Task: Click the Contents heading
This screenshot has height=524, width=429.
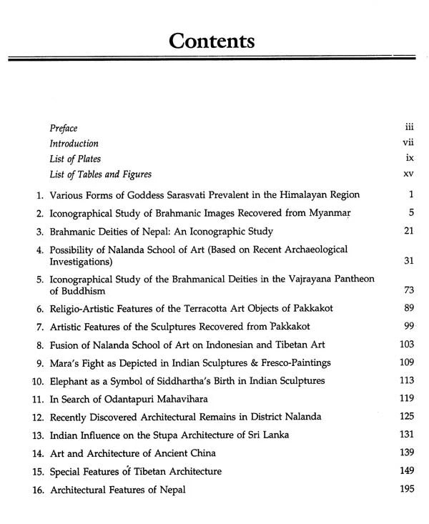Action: coord(214,40)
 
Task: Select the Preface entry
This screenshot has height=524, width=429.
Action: coord(64,128)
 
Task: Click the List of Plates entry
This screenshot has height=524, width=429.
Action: coord(75,159)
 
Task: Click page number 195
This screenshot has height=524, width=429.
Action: coord(405,489)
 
